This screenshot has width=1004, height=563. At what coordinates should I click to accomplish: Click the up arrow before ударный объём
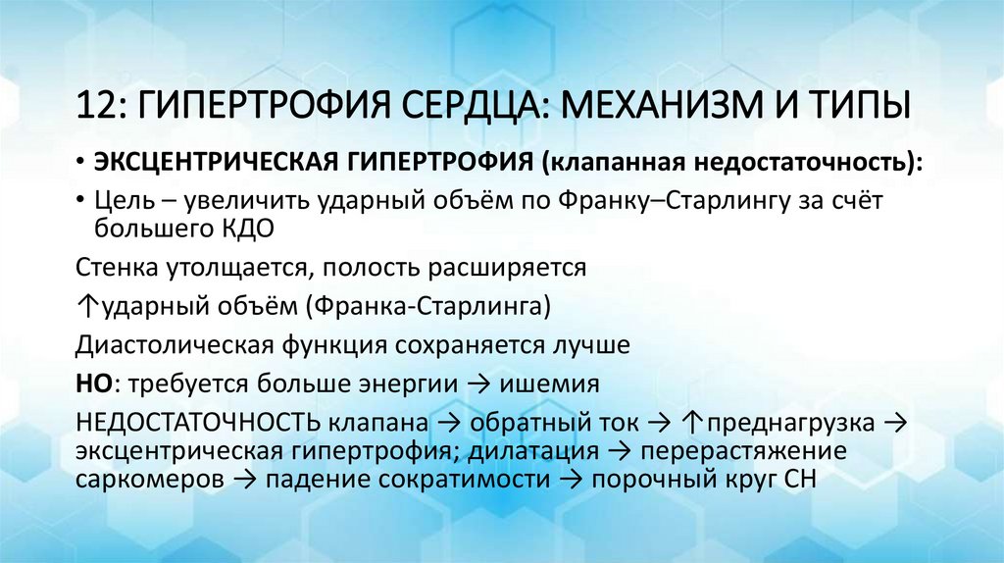coord(82,307)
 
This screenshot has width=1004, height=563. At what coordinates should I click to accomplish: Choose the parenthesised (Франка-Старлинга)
coord(427,307)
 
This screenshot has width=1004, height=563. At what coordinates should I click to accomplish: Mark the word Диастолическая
coord(168,345)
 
